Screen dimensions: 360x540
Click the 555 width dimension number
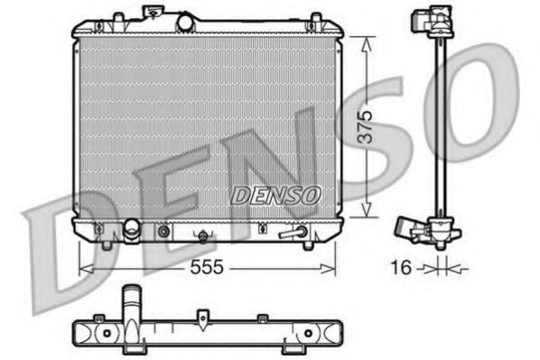click(207, 268)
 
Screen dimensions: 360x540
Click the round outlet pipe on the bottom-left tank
click(132, 231)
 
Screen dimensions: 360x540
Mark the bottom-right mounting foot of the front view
click(308, 244)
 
